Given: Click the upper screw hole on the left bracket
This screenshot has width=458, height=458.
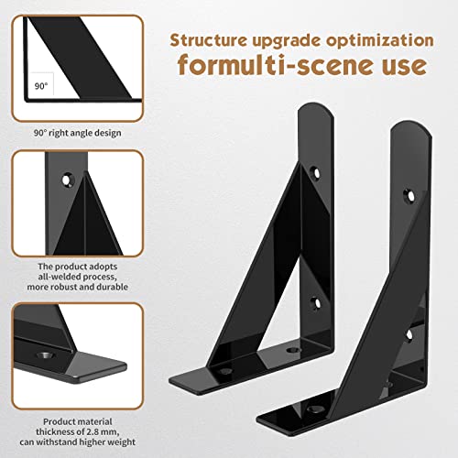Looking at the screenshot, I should click(315, 171).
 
